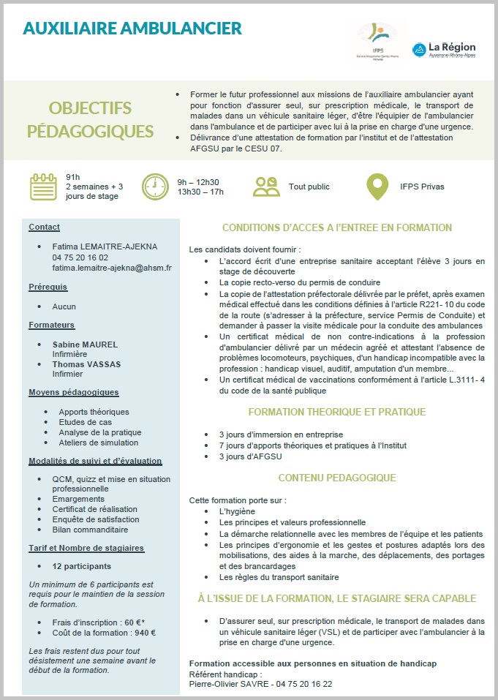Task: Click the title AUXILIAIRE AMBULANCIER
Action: pyautogui.click(x=132, y=29)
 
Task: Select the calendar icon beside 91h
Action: pyautogui.click(x=43, y=186)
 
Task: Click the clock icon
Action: pyautogui.click(x=154, y=186)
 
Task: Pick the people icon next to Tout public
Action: pyautogui.click(x=266, y=186)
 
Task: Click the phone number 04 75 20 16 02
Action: pyautogui.click(x=80, y=257)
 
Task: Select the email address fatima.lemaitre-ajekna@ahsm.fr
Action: pyautogui.click(x=112, y=268)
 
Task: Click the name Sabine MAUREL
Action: pyautogui.click(x=85, y=343)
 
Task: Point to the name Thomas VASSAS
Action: pyautogui.click(x=86, y=364)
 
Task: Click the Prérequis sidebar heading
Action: pyautogui.click(x=48, y=287)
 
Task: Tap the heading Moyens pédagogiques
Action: pyautogui.click(x=73, y=393)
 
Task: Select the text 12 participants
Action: pyautogui.click(x=82, y=566)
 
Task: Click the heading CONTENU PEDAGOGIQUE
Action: pyautogui.click(x=337, y=478)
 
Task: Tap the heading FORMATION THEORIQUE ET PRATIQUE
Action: pyautogui.click(x=337, y=412)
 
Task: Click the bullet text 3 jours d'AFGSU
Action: pyautogui.click(x=251, y=456)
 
